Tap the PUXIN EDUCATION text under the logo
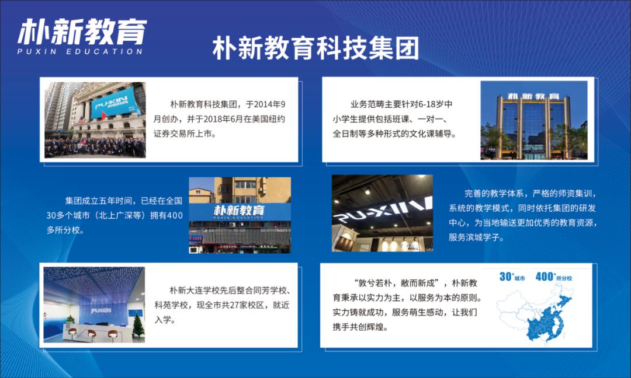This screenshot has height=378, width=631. tap(80, 51)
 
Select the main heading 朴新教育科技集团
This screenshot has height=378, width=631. tap(315, 49)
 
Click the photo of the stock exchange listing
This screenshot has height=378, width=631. tap(95, 120)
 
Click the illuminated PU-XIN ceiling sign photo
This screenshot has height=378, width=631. tap(382, 213)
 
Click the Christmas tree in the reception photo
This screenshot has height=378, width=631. tap(138, 325)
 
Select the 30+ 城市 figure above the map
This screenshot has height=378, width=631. tap(512, 277)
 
